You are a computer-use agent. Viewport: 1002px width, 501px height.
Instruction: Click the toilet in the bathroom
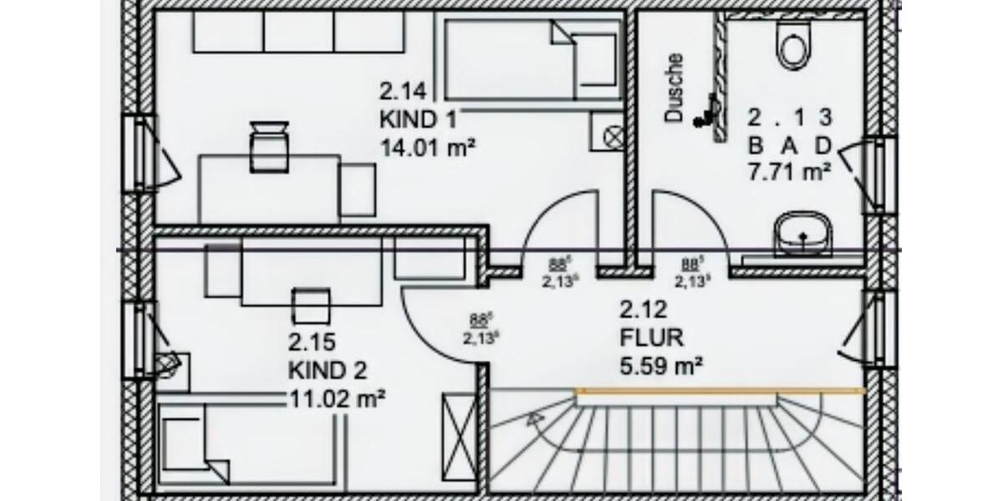point(792,43)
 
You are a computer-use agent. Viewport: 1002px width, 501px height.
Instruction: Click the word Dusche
point(675,89)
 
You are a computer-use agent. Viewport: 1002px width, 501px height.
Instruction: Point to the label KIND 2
point(327,370)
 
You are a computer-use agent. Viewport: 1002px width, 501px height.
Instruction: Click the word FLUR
point(651,338)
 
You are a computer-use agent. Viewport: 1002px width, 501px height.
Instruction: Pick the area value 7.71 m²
point(788,173)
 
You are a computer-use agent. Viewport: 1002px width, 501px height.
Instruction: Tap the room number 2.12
point(643,311)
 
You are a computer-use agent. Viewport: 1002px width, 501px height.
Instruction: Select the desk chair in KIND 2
point(310,305)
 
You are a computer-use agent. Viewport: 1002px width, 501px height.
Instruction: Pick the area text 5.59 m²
point(660,365)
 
